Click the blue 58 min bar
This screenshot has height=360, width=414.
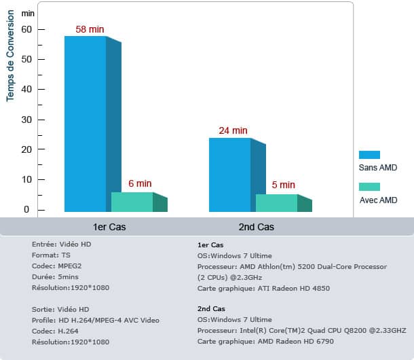[x=86, y=122]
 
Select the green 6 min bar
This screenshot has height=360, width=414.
[x=132, y=202]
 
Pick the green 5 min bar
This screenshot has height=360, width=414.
[x=277, y=203]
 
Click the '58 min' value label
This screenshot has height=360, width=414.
[x=90, y=30]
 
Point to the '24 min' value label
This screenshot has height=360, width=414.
[x=233, y=130]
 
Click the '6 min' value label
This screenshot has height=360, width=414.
[x=140, y=184]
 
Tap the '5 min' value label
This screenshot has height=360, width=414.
[x=283, y=185]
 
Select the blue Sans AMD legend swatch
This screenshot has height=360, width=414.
[x=369, y=155]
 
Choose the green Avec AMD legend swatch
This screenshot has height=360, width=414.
[x=369, y=187]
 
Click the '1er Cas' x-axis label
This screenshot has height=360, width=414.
[x=109, y=227]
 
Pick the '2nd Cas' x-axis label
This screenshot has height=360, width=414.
[x=257, y=227]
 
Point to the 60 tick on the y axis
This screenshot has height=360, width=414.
[x=26, y=30]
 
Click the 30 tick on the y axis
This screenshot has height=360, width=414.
[x=26, y=120]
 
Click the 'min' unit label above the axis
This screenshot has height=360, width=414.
[x=28, y=13]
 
